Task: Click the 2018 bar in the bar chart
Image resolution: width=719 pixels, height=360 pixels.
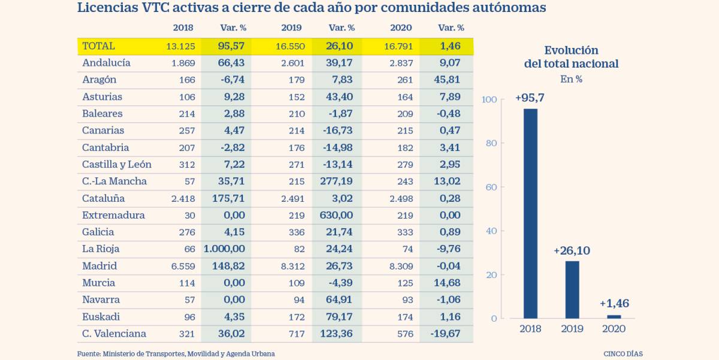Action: pos(530,213)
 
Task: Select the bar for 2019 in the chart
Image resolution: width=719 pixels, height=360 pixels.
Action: pos(572,289)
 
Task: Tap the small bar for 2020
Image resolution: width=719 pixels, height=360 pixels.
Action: pos(614,316)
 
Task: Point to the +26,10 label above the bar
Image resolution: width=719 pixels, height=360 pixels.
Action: pos(572,251)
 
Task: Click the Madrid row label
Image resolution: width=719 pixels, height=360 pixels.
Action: pos(99,266)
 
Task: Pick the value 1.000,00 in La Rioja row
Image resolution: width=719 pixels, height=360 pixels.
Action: pos(225,249)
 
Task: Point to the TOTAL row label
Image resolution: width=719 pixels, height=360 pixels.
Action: pos(98,46)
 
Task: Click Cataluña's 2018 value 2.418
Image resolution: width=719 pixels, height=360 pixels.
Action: pos(183,198)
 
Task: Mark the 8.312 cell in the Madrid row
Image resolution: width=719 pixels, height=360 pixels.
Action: pos(292,266)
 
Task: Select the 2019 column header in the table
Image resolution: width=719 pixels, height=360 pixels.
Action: pos(292,28)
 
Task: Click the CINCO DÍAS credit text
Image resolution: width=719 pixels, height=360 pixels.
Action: pos(623,354)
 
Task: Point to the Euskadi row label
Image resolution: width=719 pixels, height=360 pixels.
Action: pos(101,317)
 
